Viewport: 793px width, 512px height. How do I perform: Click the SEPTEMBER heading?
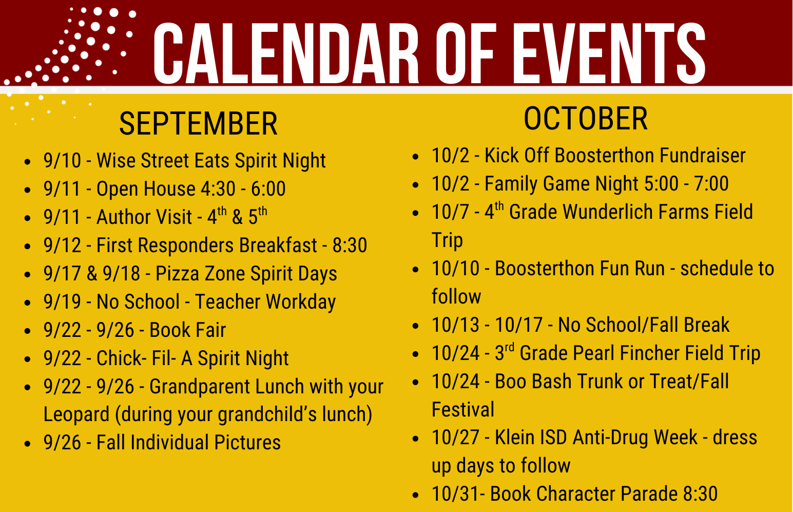[198, 124]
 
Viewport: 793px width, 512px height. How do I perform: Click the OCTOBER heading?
[586, 119]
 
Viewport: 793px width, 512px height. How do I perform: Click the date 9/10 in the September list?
[62, 161]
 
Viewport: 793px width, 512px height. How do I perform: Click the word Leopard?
[76, 414]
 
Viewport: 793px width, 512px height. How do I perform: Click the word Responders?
[185, 245]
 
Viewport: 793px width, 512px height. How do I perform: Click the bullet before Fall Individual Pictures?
[28, 443]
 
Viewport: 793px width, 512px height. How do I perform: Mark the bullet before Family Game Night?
[416, 184]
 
